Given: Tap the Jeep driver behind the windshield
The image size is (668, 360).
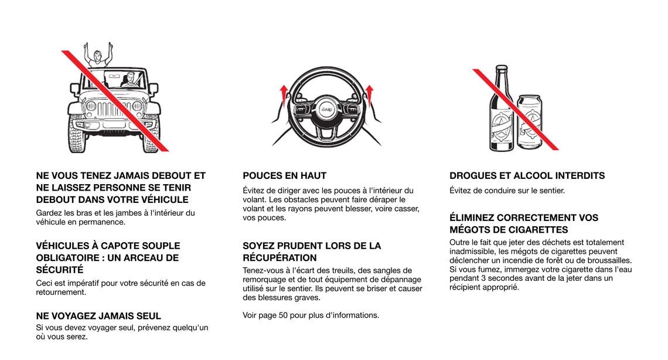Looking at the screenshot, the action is (131, 81).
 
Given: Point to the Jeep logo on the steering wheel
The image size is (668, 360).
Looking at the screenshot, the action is (326, 110).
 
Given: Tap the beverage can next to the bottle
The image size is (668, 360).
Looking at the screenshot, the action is (529, 123).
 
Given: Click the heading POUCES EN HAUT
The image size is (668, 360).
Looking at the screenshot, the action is (285, 175).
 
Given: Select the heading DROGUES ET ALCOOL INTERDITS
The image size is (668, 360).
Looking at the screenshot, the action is (527, 175).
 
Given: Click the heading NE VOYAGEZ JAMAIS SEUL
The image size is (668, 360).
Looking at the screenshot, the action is (98, 316).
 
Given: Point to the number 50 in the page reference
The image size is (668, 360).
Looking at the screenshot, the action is (283, 315).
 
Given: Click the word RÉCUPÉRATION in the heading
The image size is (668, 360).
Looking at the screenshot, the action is (280, 258).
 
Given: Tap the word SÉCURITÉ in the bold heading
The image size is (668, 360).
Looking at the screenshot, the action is (60, 270).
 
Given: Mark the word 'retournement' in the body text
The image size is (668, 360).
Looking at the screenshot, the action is (61, 292).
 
